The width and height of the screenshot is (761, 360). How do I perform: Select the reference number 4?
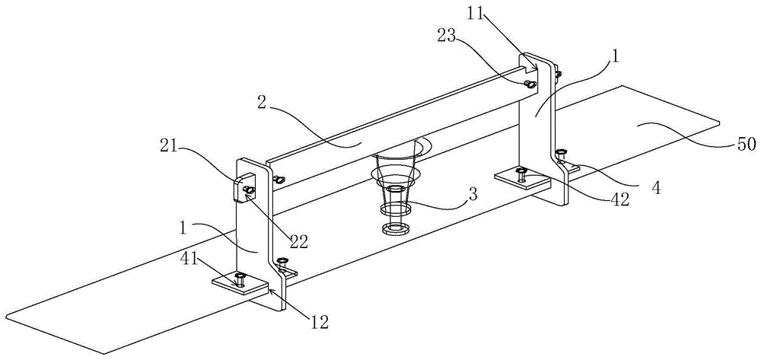(657, 188)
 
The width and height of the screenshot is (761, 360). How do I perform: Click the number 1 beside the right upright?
(615, 57)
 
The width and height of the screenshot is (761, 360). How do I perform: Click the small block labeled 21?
(241, 186)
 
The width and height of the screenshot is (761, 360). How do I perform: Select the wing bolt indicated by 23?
(530, 84)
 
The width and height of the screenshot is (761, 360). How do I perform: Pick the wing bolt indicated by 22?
(249, 191)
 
